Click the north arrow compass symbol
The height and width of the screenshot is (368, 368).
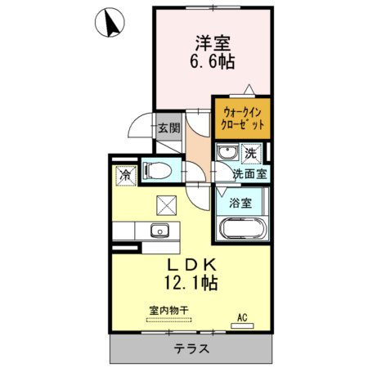point(110,22)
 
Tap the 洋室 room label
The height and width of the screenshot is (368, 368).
point(213,43)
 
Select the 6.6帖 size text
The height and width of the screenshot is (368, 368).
point(213,61)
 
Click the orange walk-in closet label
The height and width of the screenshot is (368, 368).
point(242,119)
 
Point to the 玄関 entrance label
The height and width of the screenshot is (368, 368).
point(169,128)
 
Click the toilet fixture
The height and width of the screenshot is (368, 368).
point(157,171)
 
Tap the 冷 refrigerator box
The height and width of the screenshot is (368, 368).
point(126,176)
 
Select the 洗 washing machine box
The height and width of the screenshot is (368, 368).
point(251,154)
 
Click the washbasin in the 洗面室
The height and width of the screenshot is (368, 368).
point(227,153)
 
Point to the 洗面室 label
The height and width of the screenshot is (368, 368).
point(249,174)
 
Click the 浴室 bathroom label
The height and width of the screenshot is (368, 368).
point(240,203)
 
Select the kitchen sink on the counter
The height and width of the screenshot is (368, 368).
point(160,231)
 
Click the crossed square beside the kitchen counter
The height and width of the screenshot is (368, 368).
point(166,205)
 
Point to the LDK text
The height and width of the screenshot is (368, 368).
point(191,265)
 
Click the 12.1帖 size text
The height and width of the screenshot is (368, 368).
point(191,283)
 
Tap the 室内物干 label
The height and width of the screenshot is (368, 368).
point(169,310)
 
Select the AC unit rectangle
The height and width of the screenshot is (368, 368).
point(242,325)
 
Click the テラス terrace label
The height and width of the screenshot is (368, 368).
point(191,348)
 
